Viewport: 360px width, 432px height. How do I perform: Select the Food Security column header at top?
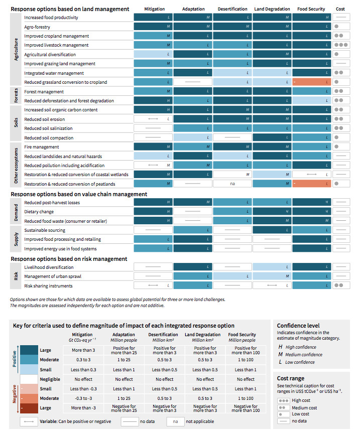[x=311, y=9]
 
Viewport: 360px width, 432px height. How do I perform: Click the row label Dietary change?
[x=39, y=212]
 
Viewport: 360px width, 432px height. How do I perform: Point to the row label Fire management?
[x=42, y=147]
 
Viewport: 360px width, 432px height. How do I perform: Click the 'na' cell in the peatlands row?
[x=232, y=184]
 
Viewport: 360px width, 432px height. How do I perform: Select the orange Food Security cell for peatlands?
[x=311, y=184]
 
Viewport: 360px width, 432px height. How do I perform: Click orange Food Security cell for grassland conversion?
[x=311, y=82]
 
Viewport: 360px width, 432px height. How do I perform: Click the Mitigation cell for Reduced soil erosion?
[x=153, y=119]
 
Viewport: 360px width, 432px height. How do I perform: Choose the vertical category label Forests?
[x=16, y=96]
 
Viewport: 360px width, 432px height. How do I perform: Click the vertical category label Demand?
[x=16, y=212]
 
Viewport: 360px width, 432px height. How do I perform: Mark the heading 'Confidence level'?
[x=298, y=326]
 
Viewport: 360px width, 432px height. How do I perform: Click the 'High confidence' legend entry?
[x=300, y=347]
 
